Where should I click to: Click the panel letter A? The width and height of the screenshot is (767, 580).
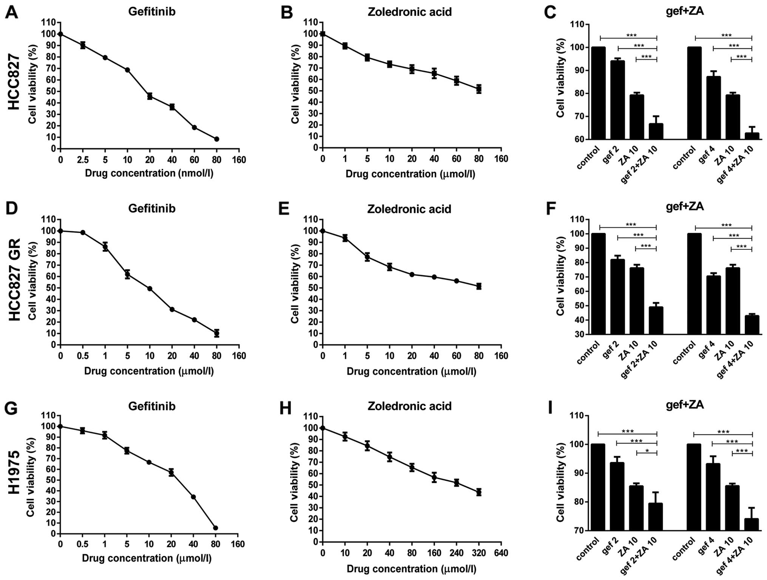(12, 12)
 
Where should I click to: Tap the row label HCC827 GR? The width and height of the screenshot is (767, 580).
(14, 280)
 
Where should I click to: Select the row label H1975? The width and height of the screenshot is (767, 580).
(14, 472)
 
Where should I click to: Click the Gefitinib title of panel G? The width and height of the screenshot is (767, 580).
(152, 406)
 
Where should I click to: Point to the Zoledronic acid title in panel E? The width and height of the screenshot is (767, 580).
(409, 209)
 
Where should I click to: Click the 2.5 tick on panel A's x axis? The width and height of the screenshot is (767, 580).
(83, 160)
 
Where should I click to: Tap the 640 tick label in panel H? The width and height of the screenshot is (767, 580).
(501, 553)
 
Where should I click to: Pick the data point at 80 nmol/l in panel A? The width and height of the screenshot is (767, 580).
(216, 139)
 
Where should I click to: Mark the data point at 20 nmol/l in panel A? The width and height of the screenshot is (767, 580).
(150, 96)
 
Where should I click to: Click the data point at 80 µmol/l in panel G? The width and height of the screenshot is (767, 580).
(216, 528)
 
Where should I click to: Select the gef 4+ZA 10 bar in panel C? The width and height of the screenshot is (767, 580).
(752, 136)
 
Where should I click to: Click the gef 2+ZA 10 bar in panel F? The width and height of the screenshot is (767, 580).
(656, 320)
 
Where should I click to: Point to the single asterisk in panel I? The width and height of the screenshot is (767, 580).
(647, 451)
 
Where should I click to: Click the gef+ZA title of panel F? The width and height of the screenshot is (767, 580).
(684, 207)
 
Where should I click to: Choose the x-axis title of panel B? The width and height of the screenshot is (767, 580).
(411, 174)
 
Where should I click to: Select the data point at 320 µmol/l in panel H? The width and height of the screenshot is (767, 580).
(478, 492)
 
